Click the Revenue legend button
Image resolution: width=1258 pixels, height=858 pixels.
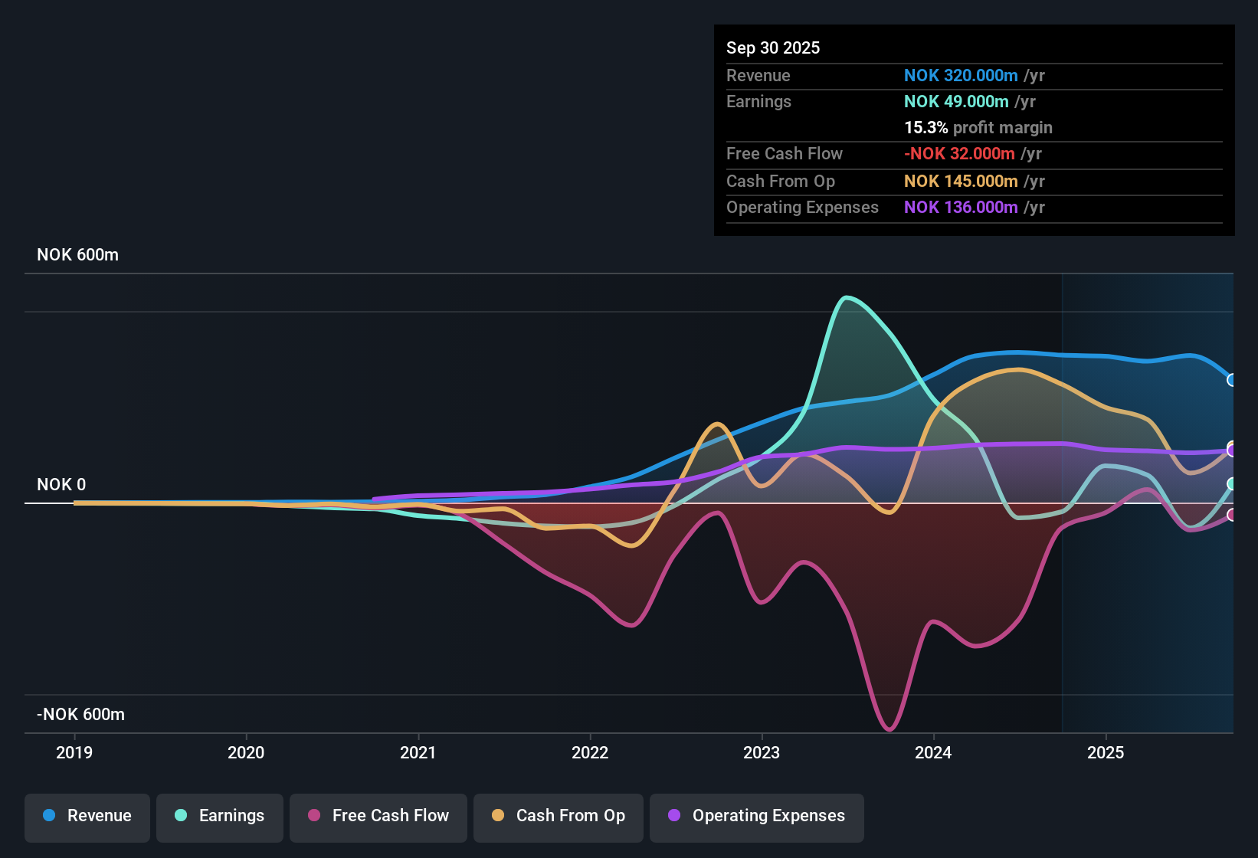[x=87, y=815]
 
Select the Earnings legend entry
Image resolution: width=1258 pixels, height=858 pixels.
[x=220, y=815]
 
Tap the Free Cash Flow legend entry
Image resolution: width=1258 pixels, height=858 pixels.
[x=378, y=815]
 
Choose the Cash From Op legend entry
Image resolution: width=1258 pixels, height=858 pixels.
[x=559, y=815]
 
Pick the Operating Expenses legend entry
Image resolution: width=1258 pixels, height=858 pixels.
[x=757, y=815]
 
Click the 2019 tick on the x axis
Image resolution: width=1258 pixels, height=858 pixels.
[x=74, y=752]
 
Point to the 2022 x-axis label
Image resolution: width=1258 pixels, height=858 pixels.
[x=590, y=752]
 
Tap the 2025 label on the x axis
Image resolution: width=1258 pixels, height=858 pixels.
[x=1106, y=752]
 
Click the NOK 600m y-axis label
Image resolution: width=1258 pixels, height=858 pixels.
[x=77, y=255]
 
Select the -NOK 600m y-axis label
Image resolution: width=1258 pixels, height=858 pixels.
[x=80, y=715]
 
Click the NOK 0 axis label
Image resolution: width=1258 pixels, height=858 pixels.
[x=61, y=485]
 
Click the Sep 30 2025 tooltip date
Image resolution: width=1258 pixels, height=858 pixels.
[x=772, y=47]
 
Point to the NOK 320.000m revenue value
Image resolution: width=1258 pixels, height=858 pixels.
[x=961, y=76]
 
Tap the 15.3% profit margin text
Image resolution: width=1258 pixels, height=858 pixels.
[x=978, y=128]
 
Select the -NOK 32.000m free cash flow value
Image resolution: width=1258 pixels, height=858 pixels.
[x=959, y=154]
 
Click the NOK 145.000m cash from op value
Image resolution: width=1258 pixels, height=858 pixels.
[x=961, y=182]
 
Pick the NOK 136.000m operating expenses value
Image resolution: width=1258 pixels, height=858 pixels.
[x=961, y=208]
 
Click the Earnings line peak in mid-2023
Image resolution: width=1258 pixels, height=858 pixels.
[x=846, y=297]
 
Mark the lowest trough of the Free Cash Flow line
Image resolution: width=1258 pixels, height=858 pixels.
[x=889, y=729]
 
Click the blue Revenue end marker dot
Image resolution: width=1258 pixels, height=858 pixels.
[x=1231, y=380]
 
